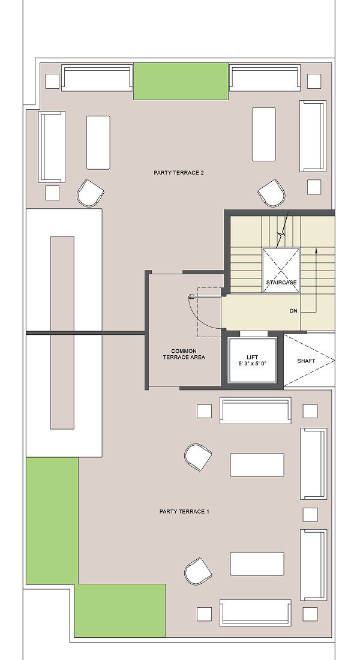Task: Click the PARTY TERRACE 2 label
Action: tap(179, 173)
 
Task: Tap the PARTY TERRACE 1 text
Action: tap(184, 511)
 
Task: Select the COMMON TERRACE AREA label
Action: tap(184, 354)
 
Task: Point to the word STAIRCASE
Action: tap(281, 282)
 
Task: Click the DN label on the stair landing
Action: tap(293, 311)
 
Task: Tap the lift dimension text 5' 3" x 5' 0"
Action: tap(253, 363)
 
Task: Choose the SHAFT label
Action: tap(306, 361)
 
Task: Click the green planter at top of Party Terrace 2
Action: tap(181, 81)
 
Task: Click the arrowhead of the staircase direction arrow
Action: tap(316, 251)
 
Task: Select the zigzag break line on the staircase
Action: tap(283, 231)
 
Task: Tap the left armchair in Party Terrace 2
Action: tap(91, 193)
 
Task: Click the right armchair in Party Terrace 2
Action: tap(272, 193)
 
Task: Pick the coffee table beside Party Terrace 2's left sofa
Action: tap(98, 143)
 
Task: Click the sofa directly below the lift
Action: tap(255, 410)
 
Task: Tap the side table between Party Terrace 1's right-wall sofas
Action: tap(310, 514)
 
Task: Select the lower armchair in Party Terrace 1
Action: tap(198, 571)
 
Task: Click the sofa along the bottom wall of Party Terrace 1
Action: tap(255, 613)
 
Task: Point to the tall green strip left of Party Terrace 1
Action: tap(52, 521)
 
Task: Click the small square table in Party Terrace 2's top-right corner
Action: tap(314, 81)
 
